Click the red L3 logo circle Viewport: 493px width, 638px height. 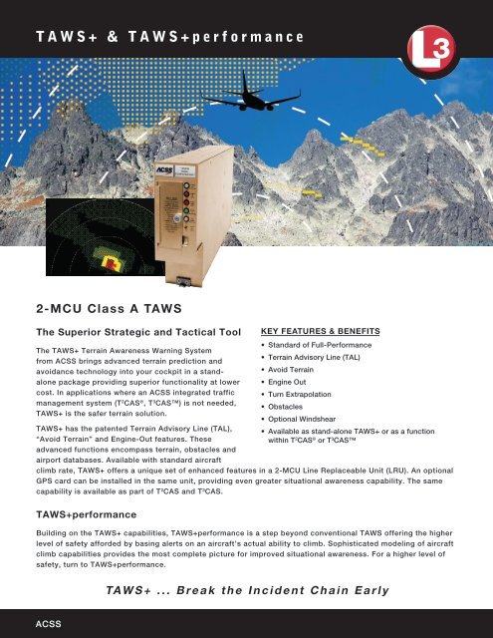coord(431,49)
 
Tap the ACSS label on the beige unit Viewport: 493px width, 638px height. coord(165,170)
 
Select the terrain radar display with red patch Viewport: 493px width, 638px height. coord(102,237)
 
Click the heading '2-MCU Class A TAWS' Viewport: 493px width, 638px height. coord(109,308)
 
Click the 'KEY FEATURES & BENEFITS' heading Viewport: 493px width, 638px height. coord(321,331)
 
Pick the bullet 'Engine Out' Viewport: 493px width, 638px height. coord(287,382)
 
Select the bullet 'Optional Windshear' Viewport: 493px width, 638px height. coord(302,419)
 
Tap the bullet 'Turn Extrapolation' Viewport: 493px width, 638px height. coord(300,395)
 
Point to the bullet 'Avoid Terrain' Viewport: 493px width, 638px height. coord(291,370)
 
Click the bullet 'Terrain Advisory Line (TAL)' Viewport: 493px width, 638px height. coord(314,357)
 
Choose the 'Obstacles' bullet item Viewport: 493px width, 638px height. coord(285,407)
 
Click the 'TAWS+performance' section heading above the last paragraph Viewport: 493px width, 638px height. coord(87,514)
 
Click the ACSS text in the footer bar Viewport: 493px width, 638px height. coord(49,624)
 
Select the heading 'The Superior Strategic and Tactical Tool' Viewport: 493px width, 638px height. coord(138,332)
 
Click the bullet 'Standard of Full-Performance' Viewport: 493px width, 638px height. coord(320,345)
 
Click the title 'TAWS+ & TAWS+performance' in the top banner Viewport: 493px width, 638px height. coord(170,37)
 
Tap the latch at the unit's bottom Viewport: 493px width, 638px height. coord(183,281)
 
